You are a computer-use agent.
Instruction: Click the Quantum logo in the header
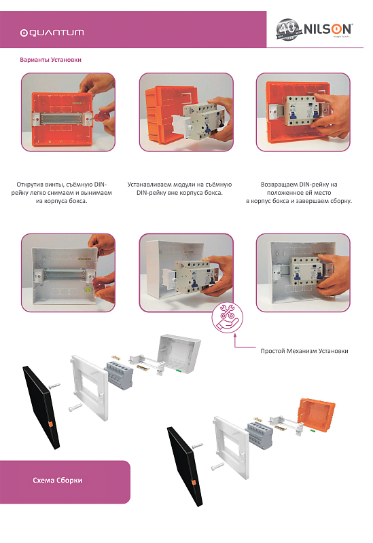pyautogui.click(x=52, y=33)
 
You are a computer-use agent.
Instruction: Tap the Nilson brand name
pyautogui.click(x=327, y=29)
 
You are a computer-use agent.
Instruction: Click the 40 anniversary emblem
pyautogui.click(x=287, y=29)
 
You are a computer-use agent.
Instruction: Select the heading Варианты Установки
pyautogui.click(x=50, y=60)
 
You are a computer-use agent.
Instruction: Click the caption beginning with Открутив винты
pyautogui.click(x=62, y=193)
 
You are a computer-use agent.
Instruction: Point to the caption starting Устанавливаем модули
pyautogui.click(x=179, y=189)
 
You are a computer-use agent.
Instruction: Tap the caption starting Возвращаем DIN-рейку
pyautogui.click(x=299, y=193)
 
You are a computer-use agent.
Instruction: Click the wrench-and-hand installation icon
pyautogui.click(x=228, y=318)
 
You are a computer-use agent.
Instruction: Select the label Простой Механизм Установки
pyautogui.click(x=304, y=351)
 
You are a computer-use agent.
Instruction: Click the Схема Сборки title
pyautogui.click(x=58, y=481)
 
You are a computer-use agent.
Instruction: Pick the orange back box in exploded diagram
pyautogui.click(x=317, y=415)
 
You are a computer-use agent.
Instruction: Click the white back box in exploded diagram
pyautogui.click(x=179, y=354)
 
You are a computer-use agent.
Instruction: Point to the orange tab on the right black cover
pyautogui.click(x=194, y=483)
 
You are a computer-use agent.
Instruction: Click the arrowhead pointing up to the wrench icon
pyautogui.click(x=235, y=335)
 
